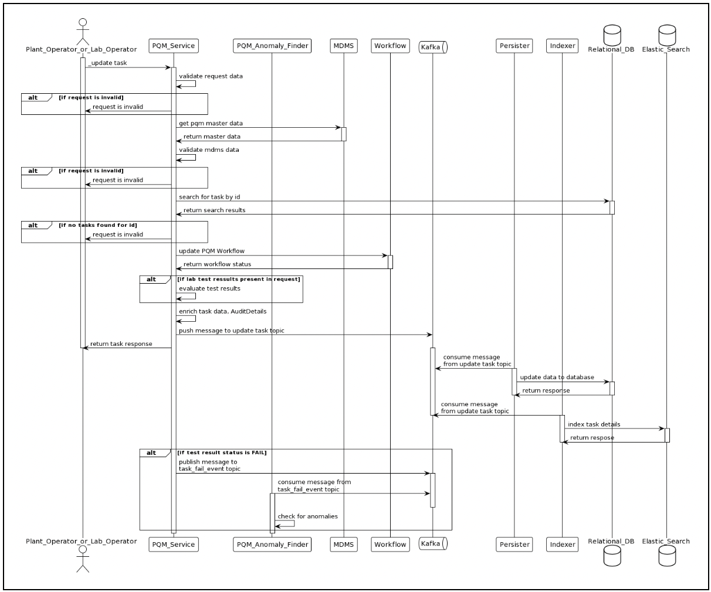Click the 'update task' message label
coord(108,63)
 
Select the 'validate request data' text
coord(211,76)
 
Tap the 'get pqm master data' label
coord(211,123)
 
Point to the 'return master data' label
coord(212,137)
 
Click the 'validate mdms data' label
coord(209,149)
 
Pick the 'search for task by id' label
coord(209,197)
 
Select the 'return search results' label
coord(214,210)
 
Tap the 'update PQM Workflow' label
coord(212,251)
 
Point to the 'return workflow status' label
coord(217,264)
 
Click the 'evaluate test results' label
coord(209,288)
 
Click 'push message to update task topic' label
coord(231,331)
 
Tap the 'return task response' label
coord(121,343)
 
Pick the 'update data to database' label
coord(557,377)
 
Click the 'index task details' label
coord(594,424)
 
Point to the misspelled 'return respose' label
coord(592,437)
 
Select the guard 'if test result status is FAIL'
coord(222,452)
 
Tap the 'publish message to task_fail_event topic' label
coord(209,465)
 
